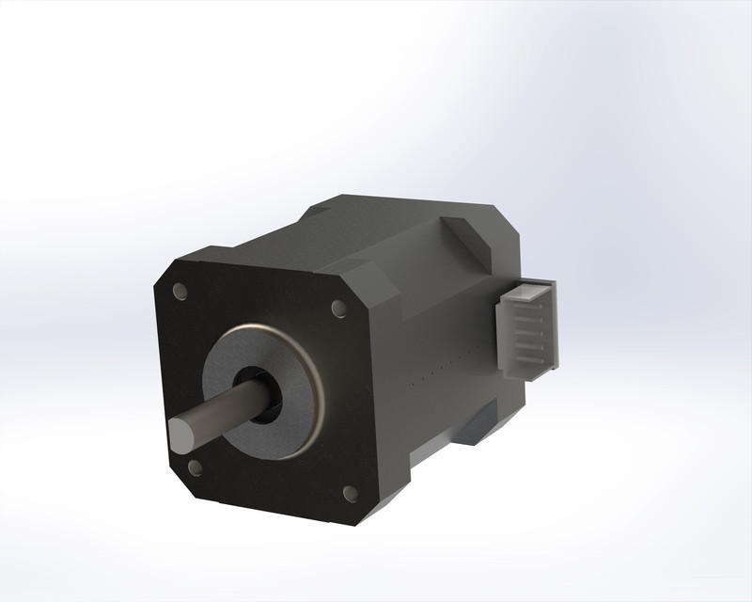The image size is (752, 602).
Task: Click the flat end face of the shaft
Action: point(180,434)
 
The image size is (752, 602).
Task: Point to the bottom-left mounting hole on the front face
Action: point(195,466)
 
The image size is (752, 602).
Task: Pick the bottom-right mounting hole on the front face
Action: point(349,491)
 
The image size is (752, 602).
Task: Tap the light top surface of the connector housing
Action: point(536,286)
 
